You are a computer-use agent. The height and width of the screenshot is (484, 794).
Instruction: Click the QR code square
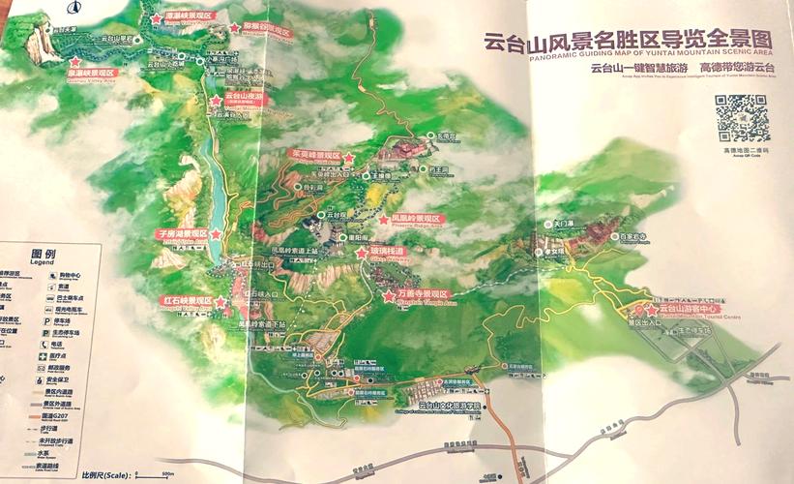coord(741,119)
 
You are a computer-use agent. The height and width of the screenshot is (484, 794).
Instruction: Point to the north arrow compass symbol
coord(74,9)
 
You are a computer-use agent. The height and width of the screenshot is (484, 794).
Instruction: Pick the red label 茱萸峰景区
coord(315,154)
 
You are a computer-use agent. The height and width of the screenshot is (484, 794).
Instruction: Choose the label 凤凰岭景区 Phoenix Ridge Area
coord(414,220)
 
